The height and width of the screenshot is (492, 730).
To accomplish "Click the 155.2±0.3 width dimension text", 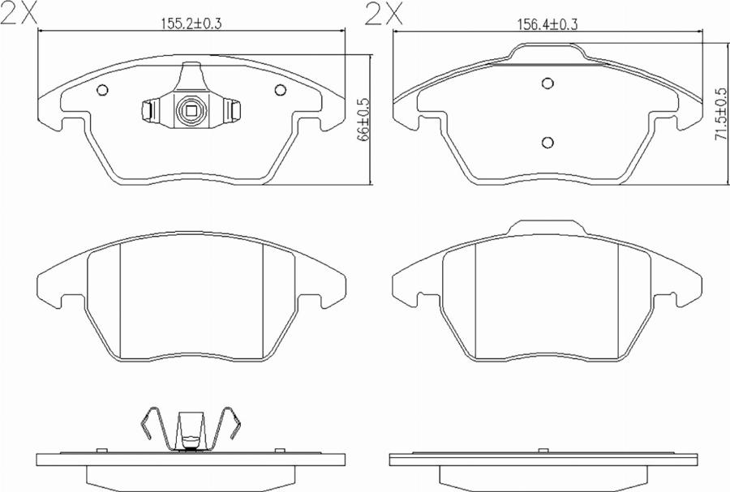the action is pos(191,23).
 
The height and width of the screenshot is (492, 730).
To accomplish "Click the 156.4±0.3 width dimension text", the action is pos(548,24).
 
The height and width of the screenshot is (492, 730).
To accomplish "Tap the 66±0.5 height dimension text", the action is pos(363,119).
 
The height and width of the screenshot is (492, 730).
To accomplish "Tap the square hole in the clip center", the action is pos(191,111).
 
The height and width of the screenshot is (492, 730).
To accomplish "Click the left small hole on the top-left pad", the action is pos(102,90).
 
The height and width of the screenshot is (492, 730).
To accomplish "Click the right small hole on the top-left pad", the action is pos(280,90).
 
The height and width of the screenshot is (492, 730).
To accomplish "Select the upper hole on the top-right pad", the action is pos(548,83).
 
